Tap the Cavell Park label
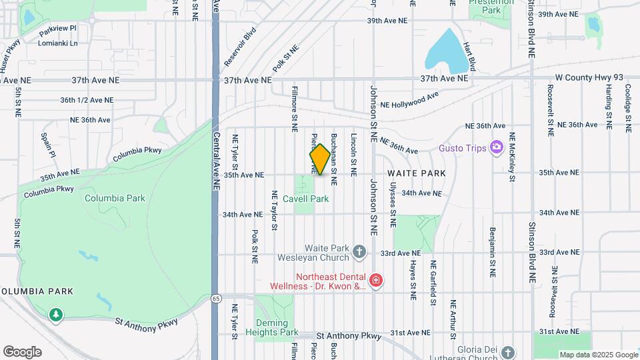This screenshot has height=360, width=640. coord(306,199)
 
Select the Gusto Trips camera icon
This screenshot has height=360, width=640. coord(495,147)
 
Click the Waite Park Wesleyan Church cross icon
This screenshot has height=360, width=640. coord(359,252)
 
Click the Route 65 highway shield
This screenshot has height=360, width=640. coord(216,298)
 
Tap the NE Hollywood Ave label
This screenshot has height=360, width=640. coord(410,101)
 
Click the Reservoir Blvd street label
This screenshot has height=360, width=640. coord(240,47)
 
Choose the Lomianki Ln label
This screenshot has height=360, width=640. coord(59,43)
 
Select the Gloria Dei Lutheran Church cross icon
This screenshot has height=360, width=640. coord(508,352)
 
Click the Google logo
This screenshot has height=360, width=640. coord(22,352)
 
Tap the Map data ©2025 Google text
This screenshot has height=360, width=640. coord(598,355)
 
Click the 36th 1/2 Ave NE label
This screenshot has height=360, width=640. coord(87,100)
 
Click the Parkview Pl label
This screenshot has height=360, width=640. coord(58,30)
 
